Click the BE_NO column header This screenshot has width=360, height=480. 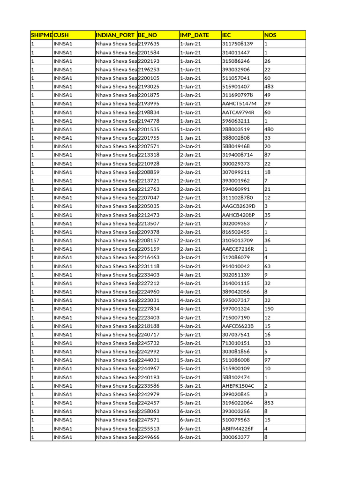148,35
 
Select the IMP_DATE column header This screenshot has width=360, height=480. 195,35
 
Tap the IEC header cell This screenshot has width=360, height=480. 226,35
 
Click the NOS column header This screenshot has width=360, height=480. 270,35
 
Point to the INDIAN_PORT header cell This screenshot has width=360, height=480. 115,35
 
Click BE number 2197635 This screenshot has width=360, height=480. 149,44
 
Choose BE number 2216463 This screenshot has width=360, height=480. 149,257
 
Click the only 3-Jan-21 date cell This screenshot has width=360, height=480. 190,257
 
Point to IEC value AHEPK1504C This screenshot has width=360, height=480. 238,386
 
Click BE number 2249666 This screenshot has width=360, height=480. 149,437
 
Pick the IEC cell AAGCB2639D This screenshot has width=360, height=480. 239,206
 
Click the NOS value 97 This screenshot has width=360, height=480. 268,360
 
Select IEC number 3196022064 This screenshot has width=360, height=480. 237,403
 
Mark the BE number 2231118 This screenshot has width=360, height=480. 149,266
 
